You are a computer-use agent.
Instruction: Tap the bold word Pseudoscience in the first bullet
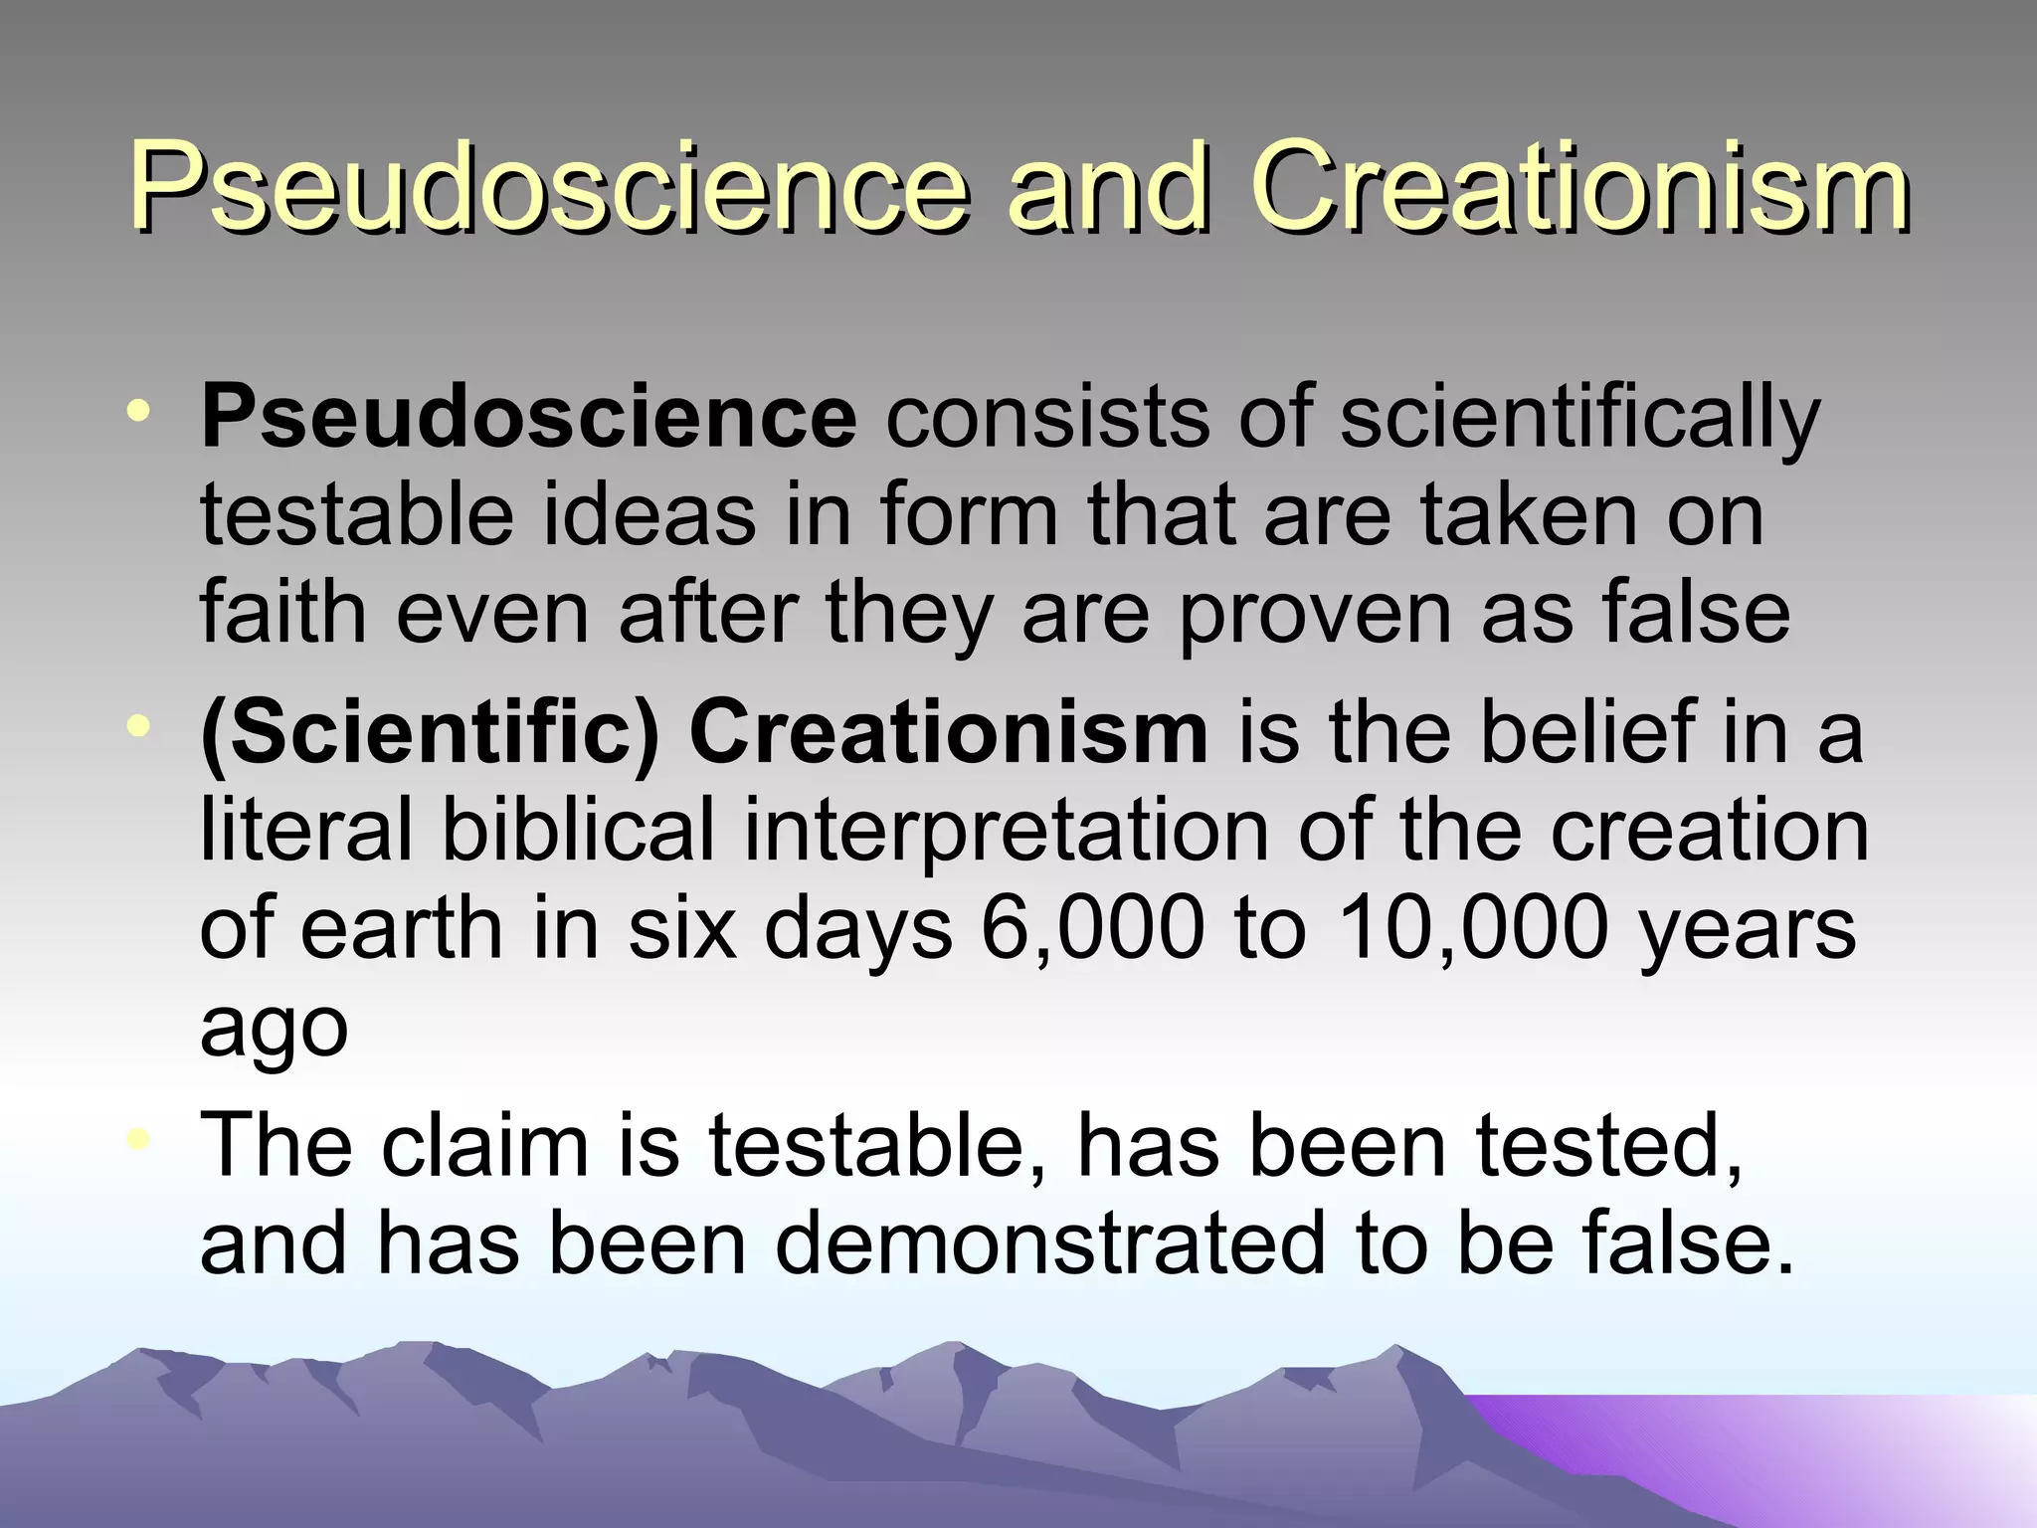(528, 418)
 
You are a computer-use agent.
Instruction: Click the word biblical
(578, 831)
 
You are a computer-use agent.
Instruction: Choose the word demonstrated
(1050, 1243)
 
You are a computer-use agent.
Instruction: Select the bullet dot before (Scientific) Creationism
(143, 725)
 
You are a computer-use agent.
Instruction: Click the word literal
(304, 831)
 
